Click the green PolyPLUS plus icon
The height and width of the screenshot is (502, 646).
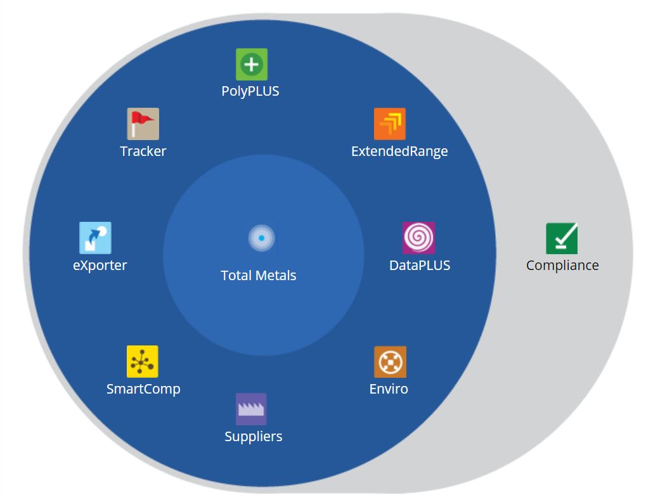click(252, 65)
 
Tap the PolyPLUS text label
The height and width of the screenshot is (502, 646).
click(250, 91)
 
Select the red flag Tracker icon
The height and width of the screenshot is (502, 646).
click(143, 124)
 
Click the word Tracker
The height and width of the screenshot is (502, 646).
click(143, 151)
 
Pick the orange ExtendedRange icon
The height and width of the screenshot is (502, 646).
click(389, 124)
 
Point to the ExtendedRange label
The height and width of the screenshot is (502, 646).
click(399, 151)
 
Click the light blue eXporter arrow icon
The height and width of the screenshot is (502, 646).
click(95, 238)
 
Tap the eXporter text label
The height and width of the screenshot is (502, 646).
click(100, 266)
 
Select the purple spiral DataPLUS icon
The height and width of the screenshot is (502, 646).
click(418, 238)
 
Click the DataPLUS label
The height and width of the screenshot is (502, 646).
click(420, 266)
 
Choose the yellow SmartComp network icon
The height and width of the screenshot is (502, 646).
click(142, 361)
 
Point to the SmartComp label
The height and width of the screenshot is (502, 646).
click(143, 389)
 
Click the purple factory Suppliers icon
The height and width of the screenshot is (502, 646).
click(251, 409)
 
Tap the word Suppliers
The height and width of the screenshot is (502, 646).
click(254, 437)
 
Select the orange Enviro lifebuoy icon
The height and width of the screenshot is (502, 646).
click(390, 362)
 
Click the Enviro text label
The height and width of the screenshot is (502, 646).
click(389, 389)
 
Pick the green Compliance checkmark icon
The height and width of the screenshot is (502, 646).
click(562, 238)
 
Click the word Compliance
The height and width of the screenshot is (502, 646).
click(562, 266)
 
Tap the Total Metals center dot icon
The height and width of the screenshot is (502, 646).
click(261, 238)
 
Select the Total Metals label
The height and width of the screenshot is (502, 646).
click(259, 276)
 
